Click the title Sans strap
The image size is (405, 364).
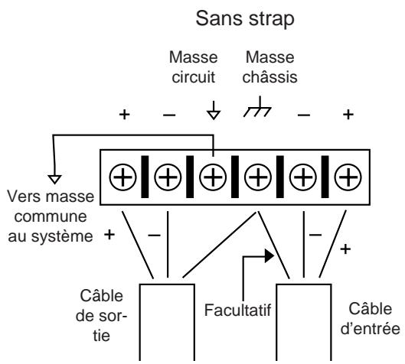tap(245, 19)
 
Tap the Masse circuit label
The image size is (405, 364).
tap(194, 67)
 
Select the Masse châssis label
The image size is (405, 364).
tap(270, 67)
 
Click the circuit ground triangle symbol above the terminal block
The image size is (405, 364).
tap(214, 115)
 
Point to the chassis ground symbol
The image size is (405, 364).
tap(257, 108)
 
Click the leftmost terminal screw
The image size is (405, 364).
tap(122, 177)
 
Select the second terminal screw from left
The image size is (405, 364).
tap(168, 177)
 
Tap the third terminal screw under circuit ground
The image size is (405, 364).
tap(213, 177)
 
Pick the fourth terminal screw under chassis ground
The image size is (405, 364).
tap(258, 177)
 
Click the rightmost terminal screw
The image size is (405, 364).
tap(348, 177)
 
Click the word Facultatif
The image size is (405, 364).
tap(237, 310)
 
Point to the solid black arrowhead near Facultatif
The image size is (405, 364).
tap(269, 256)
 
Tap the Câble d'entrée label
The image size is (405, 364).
tap(371, 319)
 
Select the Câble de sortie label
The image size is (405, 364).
tap(101, 315)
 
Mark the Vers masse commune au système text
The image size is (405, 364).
tap(51, 216)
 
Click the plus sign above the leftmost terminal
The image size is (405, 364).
tap(124, 115)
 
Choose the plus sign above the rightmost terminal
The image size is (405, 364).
tap(348, 115)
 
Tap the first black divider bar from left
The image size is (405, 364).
tap(145, 177)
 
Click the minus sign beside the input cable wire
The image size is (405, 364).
tap(315, 235)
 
